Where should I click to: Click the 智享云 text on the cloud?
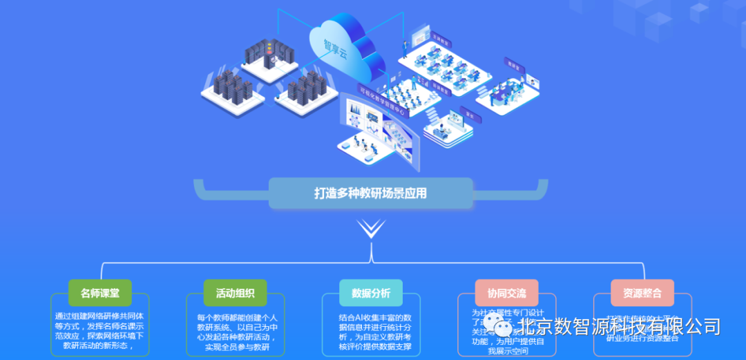pyautogui.click(x=337, y=47)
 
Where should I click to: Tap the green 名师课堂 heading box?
pyautogui.click(x=100, y=293)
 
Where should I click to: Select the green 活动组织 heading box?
pyautogui.click(x=236, y=293)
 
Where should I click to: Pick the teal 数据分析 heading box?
pyautogui.click(x=371, y=293)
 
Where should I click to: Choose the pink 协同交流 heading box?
pyautogui.click(x=506, y=293)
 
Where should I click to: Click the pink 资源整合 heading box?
pyautogui.click(x=642, y=293)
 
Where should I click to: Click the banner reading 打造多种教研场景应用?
pyautogui.click(x=371, y=193)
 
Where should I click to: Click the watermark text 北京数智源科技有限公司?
pyautogui.click(x=620, y=325)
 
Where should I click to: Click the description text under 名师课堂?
pyautogui.click(x=100, y=330)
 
